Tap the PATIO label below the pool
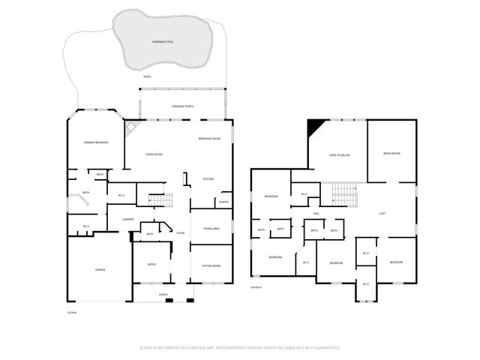[147, 76]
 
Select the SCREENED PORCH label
[184, 106]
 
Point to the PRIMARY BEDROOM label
[95, 142]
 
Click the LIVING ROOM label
[154, 154]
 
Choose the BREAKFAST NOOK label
[209, 139]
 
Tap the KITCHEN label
[209, 178]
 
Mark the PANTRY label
[223, 202]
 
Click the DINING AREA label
[211, 229]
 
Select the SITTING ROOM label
[211, 266]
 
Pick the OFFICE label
[151, 265]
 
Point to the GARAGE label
[99, 268]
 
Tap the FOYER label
[180, 233]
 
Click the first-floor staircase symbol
[159, 200]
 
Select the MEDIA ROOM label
[391, 153]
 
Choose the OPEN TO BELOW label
[340, 154]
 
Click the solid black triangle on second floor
[316, 127]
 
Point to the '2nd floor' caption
[256, 287]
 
